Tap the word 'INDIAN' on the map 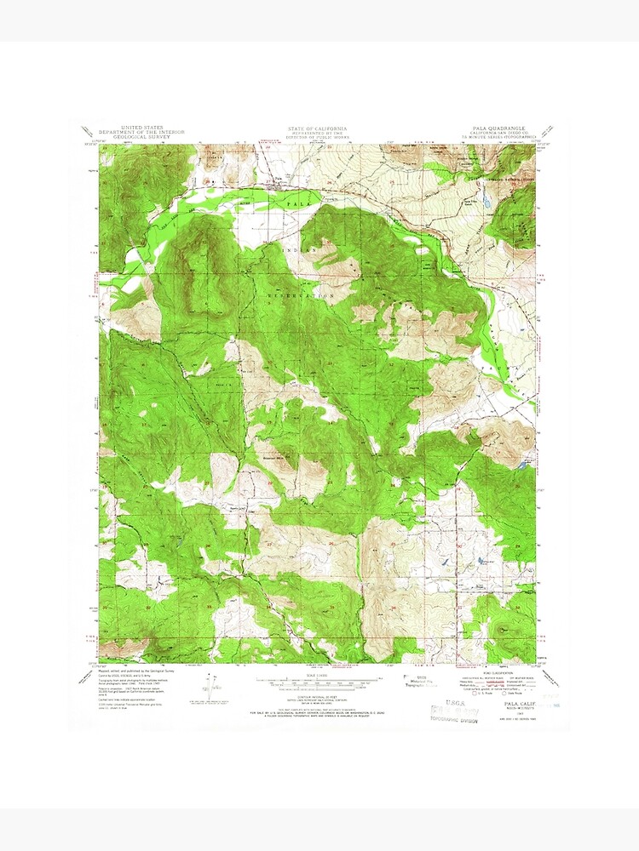click(x=306, y=250)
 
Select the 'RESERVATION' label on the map click(x=304, y=294)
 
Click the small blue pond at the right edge click(x=521, y=465)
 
